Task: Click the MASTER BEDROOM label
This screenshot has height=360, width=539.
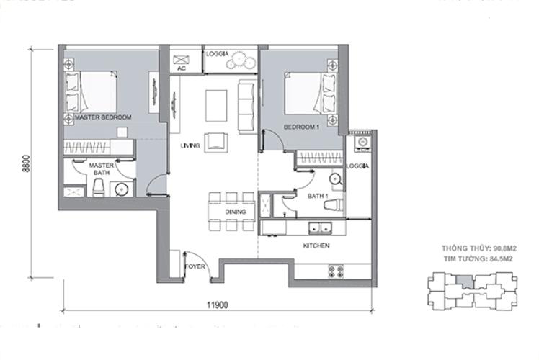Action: [103, 117]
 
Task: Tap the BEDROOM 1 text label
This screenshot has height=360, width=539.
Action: [301, 127]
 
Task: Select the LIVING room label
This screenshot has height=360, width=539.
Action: [190, 146]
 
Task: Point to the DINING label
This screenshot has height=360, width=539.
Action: [235, 212]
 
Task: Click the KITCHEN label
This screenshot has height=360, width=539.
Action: [316, 246]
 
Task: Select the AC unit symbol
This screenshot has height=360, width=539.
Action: [182, 58]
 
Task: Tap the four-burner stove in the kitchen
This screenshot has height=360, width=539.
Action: [335, 271]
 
